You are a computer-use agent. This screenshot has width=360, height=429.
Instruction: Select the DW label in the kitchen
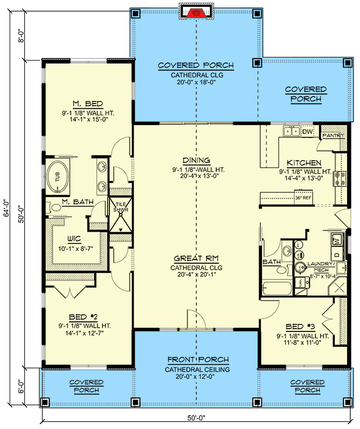[307, 131]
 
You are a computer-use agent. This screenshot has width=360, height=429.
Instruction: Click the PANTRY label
[333, 136]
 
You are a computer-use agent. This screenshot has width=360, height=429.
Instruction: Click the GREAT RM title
[196, 258]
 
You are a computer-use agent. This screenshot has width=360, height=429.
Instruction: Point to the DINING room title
[196, 160]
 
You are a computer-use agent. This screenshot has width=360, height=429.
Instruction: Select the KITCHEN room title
[304, 162]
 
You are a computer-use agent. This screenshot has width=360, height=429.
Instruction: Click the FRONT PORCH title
[197, 359]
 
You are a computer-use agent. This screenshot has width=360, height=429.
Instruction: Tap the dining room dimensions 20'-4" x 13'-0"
[196, 177]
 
